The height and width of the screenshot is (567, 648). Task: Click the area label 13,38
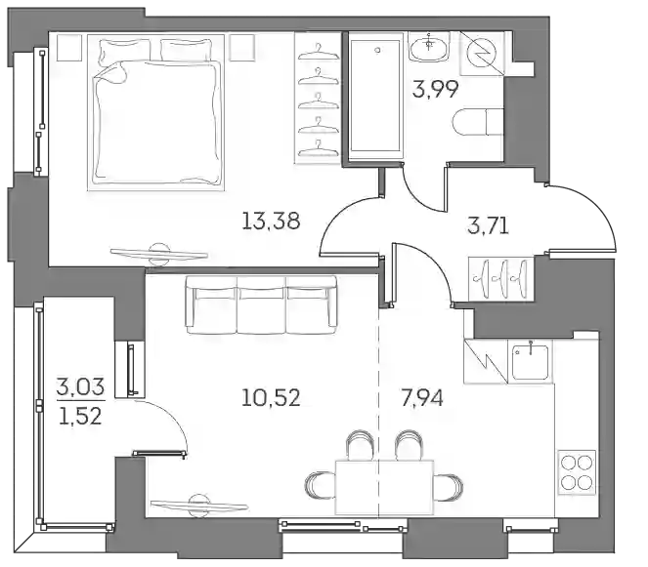point(271,221)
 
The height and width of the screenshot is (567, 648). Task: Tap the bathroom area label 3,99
point(435,89)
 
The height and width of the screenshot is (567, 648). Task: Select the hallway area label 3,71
point(488,225)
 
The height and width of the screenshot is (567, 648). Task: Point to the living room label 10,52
point(271,398)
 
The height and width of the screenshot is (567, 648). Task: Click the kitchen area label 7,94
point(422,398)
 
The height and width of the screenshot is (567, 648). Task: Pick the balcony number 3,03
point(80,387)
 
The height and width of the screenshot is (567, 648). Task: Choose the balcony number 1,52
point(80,416)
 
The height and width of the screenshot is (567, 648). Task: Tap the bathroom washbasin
point(430,47)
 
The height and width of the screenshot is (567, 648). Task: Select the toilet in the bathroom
point(479,122)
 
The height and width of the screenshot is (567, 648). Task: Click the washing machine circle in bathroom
point(482,54)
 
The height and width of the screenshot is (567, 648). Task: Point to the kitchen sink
point(530,362)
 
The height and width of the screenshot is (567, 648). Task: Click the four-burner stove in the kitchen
point(577,472)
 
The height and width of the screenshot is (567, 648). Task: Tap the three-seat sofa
point(261,304)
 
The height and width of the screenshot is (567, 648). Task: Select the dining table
point(384,487)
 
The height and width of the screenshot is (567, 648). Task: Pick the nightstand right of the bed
point(241,48)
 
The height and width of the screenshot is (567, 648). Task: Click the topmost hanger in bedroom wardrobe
point(319,53)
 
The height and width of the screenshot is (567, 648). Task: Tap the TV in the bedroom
point(159,253)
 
